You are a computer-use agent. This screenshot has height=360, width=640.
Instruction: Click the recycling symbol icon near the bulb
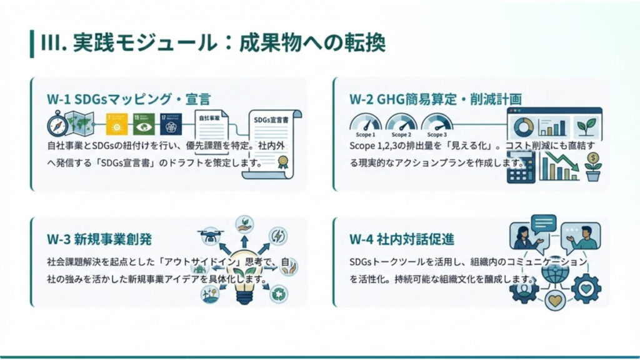[278, 293]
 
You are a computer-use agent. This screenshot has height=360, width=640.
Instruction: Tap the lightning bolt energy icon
[277, 236]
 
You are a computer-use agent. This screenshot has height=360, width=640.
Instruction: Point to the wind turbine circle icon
[210, 294]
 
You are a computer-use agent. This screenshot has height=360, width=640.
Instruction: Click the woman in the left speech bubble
[523, 237]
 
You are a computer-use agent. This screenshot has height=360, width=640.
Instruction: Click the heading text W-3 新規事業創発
[99, 239]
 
